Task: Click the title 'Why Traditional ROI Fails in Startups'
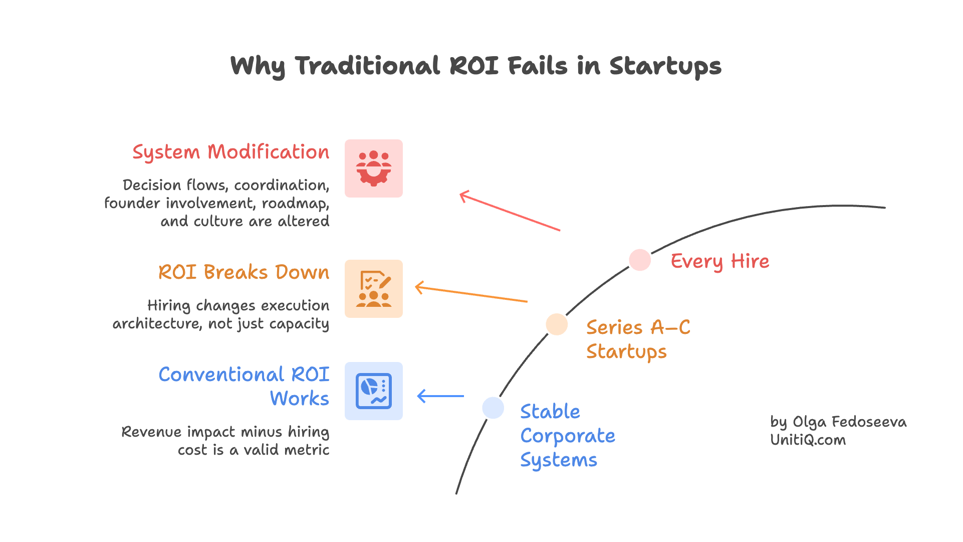475,66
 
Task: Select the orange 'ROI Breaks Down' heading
244,272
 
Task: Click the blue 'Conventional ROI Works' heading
244,386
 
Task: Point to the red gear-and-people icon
374,168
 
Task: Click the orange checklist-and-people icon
374,289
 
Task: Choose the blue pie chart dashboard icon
374,391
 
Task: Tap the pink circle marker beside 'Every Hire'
640,260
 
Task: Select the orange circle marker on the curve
557,324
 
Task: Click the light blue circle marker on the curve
493,408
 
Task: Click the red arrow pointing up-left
510,211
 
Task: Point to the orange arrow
471,294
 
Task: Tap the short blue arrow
440,396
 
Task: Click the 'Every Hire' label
719,261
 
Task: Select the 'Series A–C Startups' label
638,339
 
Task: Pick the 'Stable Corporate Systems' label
567,436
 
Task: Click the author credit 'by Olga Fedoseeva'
838,422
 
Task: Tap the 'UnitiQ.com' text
808,440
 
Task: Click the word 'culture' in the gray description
218,222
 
